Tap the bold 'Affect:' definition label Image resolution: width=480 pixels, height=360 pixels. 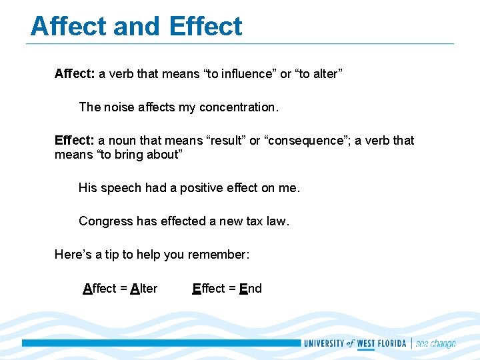[75, 74]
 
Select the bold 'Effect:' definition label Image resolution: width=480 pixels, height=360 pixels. [75, 141]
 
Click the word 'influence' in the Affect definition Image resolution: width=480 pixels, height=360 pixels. [250, 74]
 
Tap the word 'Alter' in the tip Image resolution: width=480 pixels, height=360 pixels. [144, 289]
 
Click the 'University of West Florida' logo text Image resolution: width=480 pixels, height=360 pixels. [355, 344]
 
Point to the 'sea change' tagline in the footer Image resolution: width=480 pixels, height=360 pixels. [435, 344]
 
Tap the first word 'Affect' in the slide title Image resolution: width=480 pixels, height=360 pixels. [68, 27]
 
